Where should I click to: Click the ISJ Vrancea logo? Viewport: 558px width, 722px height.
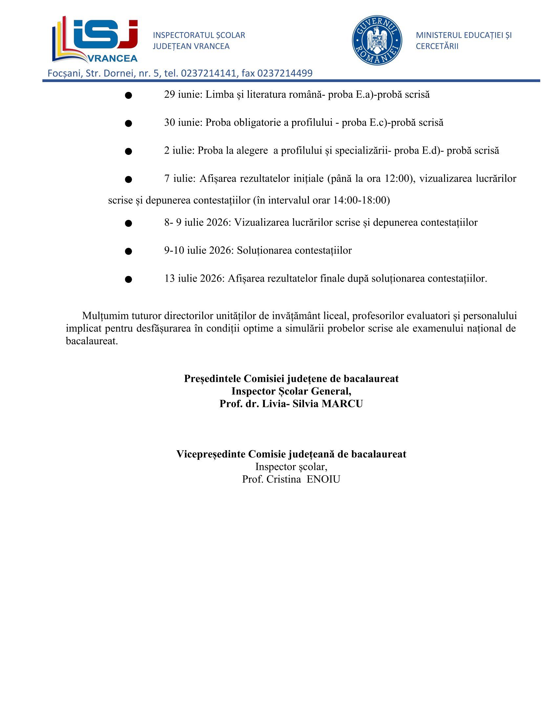click(x=95, y=40)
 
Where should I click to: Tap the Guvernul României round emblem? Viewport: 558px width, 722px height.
click(x=376, y=40)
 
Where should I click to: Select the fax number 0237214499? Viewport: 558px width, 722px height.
click(x=285, y=73)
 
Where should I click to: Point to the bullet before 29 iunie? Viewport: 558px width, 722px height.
click(x=129, y=96)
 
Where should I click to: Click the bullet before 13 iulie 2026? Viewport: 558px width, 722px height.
click(x=129, y=279)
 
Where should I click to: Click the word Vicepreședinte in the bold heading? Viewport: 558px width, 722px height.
click(x=211, y=454)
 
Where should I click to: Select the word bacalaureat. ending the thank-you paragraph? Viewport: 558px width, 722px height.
click(x=92, y=341)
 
